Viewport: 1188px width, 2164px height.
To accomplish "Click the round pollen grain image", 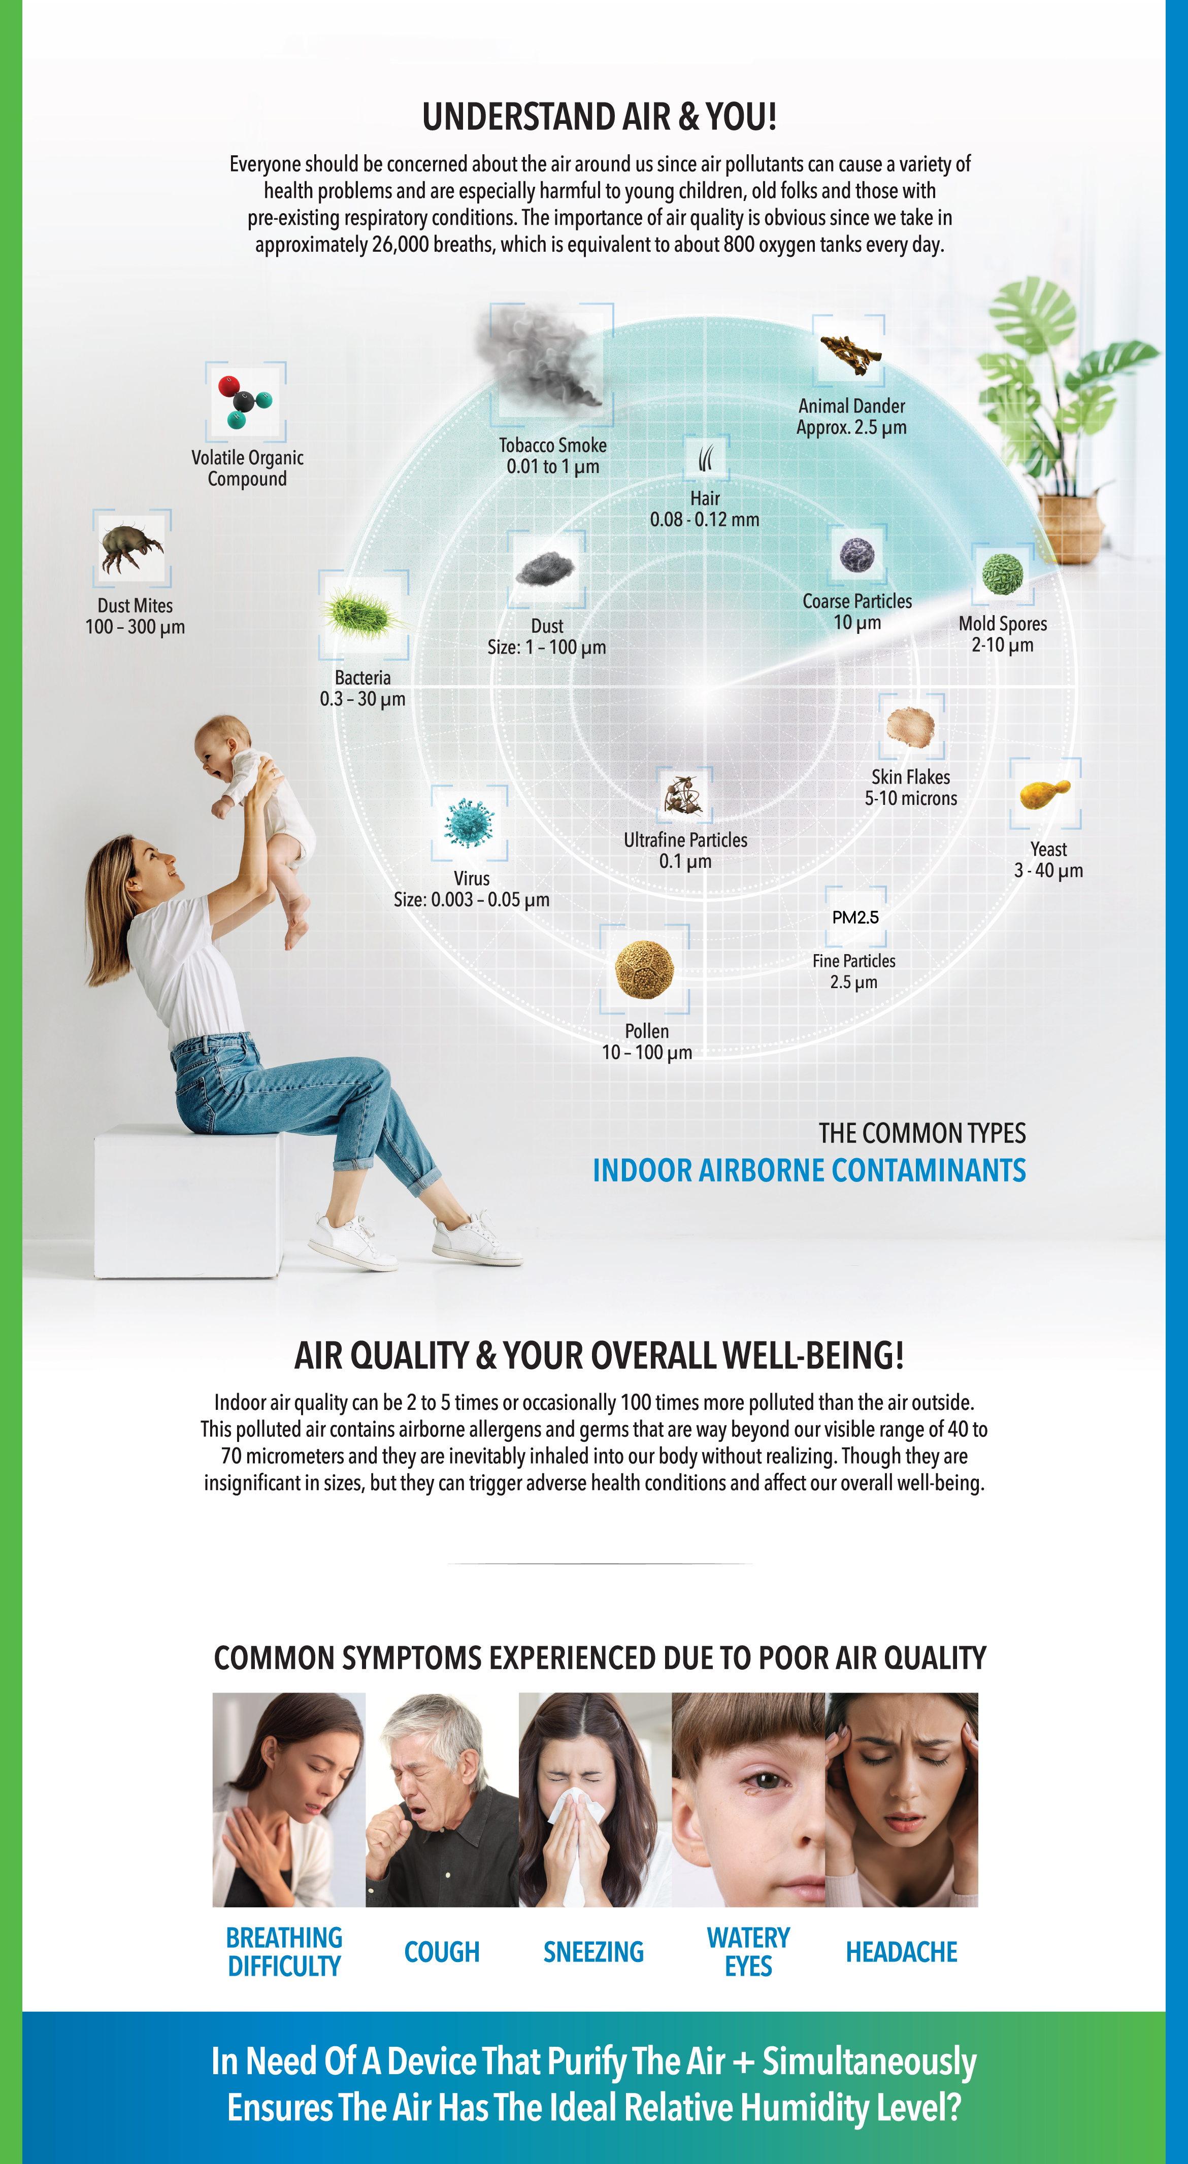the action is pyautogui.click(x=644, y=969).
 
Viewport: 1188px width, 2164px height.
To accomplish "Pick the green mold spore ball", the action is pyautogui.click(x=1002, y=574).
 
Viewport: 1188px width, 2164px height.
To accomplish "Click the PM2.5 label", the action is pyautogui.click(x=855, y=918).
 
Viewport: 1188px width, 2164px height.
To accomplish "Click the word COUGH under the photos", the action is pyautogui.click(x=442, y=1951).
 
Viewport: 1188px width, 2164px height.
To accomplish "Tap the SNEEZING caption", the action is pyautogui.click(x=593, y=1951).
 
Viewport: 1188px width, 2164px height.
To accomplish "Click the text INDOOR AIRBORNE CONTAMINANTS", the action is pyautogui.click(x=809, y=1170).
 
